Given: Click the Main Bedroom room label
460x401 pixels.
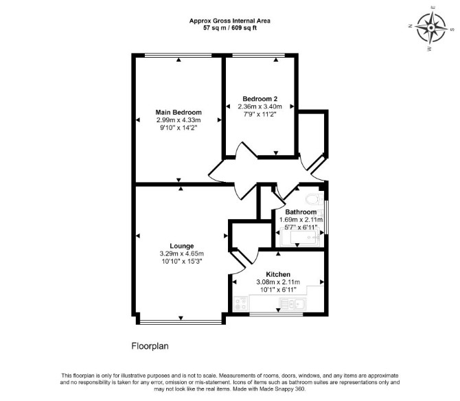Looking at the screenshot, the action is [179, 113].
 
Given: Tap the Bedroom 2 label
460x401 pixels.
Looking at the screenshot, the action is [260, 99].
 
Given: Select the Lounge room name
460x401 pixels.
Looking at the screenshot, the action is [181, 246].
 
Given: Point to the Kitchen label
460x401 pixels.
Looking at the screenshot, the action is [278, 275].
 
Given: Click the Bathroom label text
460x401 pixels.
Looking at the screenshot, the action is [301, 211].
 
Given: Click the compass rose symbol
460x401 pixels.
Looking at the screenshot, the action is [431, 28].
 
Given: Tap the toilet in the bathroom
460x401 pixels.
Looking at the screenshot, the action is [314, 199].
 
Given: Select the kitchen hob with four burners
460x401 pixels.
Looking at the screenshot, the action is [241, 303].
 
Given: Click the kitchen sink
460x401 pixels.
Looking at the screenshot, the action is [292, 303].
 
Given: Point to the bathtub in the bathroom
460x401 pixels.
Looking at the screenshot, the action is [300, 238].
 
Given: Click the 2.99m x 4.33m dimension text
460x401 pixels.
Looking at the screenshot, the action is [179, 120].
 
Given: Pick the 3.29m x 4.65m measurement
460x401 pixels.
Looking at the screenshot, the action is [181, 254].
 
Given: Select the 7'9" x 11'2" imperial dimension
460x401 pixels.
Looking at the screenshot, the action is [260, 114].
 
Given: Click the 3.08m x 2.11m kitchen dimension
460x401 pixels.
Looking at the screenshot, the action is [278, 282].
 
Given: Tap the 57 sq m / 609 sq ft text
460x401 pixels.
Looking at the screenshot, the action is [230, 28].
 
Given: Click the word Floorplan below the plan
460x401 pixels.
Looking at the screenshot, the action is [150, 346].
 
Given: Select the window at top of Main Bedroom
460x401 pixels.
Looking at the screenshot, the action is [179, 55].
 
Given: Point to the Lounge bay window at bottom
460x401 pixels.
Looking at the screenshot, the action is [181, 323].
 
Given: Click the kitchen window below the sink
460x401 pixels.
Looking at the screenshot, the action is [276, 314].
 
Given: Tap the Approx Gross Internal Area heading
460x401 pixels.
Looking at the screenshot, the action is [230, 21].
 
